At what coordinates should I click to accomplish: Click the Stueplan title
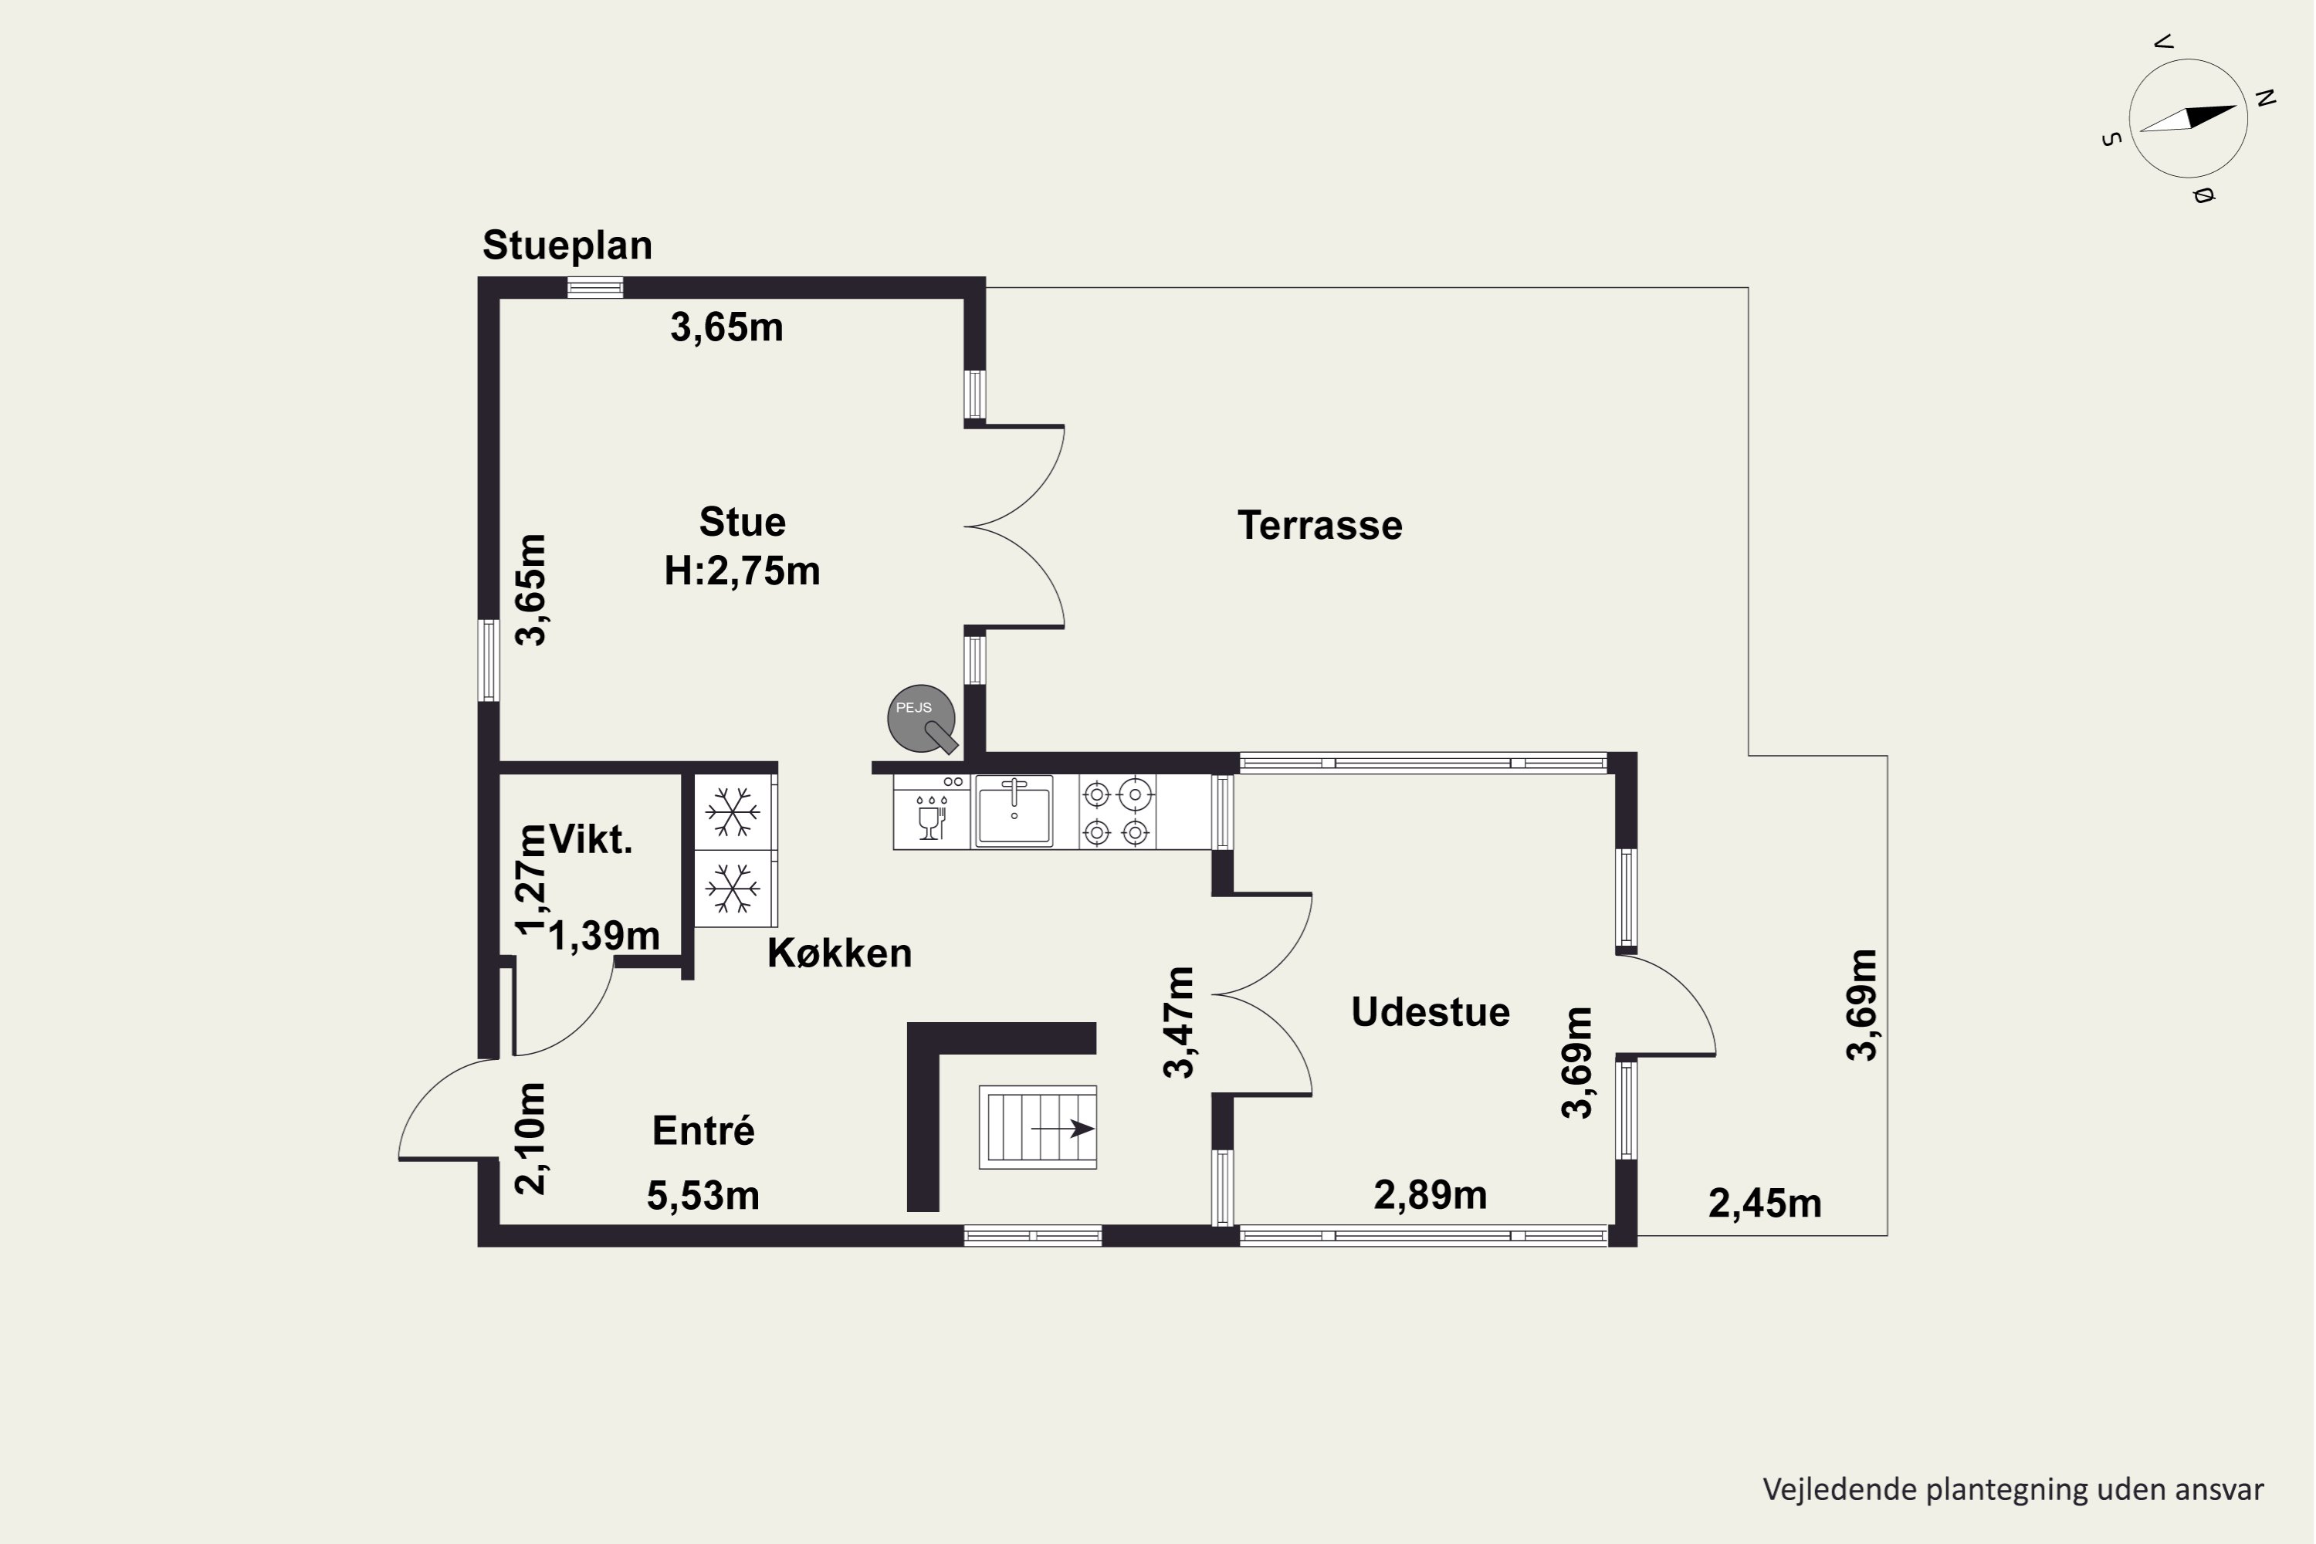point(567,246)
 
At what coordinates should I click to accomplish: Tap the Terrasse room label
point(1319,525)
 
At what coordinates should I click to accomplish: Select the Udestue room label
point(1430,1012)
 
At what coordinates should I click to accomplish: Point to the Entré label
point(703,1129)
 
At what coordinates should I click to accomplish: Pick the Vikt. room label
point(590,839)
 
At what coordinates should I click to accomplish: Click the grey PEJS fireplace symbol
point(923,720)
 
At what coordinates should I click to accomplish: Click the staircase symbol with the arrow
point(1037,1127)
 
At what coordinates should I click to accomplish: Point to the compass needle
point(2187,118)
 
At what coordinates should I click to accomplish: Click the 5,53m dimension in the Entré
point(703,1195)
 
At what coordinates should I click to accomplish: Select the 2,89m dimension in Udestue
point(1430,1194)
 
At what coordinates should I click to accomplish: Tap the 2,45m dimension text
point(1765,1204)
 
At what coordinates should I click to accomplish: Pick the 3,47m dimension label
point(1179,1022)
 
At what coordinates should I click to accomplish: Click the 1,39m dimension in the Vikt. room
point(604,936)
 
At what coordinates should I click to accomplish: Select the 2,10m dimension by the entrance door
point(531,1138)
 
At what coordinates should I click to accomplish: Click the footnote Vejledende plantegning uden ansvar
point(2013,1489)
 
